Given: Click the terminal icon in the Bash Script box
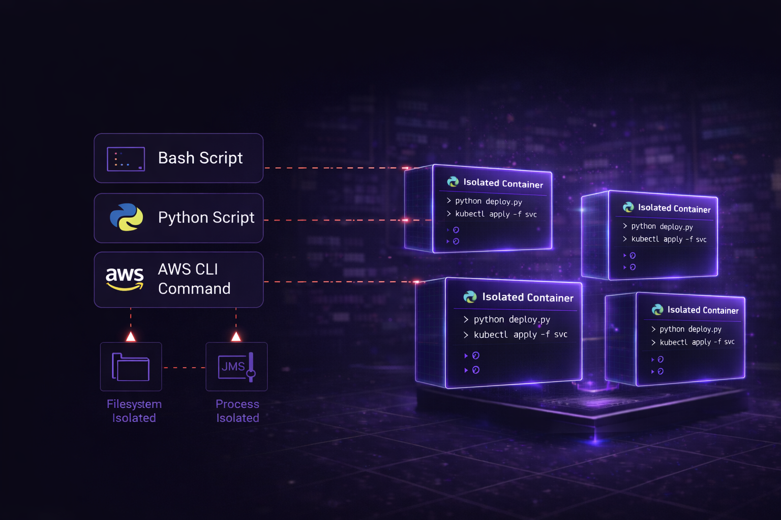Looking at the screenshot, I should click(x=126, y=159).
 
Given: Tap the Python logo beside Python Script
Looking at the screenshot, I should click(x=127, y=217).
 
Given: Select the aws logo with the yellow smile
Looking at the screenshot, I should click(x=125, y=279).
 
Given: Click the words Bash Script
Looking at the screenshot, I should click(x=200, y=158).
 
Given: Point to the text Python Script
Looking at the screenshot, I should click(x=206, y=217).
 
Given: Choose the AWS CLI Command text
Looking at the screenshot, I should click(x=194, y=279).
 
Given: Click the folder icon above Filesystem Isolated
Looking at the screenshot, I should click(x=131, y=367).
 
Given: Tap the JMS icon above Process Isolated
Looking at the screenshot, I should click(x=236, y=367).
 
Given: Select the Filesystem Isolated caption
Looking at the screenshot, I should click(x=134, y=411).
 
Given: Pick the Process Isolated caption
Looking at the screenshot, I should click(x=237, y=411).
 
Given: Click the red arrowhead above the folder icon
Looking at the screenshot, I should click(x=131, y=336).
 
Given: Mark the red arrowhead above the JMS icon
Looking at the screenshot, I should click(x=236, y=336).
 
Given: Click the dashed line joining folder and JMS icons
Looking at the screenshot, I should click(x=184, y=367).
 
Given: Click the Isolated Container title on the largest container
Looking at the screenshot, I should click(x=527, y=298).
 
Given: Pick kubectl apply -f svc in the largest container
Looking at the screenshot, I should click(x=520, y=335).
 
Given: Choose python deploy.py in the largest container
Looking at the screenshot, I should click(x=512, y=319).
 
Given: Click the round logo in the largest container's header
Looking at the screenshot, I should click(x=470, y=297).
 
